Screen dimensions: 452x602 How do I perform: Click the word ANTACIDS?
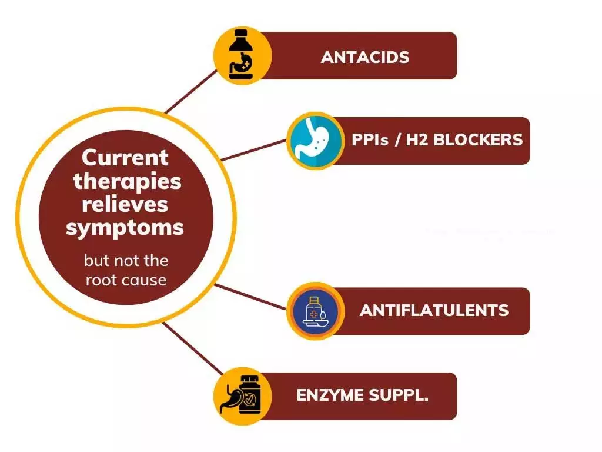tap(365, 57)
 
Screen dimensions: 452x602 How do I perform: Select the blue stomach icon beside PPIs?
tap(315, 141)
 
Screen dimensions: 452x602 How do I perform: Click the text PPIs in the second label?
tap(369, 140)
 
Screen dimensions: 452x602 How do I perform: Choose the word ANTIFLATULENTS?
tap(434, 310)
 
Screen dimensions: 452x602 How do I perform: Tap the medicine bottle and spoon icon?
tap(315, 311)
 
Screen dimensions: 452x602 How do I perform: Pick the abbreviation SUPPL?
tap(402, 395)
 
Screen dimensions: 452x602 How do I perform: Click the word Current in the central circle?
tap(125, 158)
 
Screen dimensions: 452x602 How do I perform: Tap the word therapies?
tap(126, 181)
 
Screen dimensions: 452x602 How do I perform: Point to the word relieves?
tap(125, 204)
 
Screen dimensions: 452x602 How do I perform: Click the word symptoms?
tap(125, 227)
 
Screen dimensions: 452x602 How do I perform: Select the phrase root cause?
tap(126, 280)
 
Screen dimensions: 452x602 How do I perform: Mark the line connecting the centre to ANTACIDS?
tap(191, 90)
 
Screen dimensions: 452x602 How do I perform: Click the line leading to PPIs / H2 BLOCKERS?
tap(253, 150)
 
